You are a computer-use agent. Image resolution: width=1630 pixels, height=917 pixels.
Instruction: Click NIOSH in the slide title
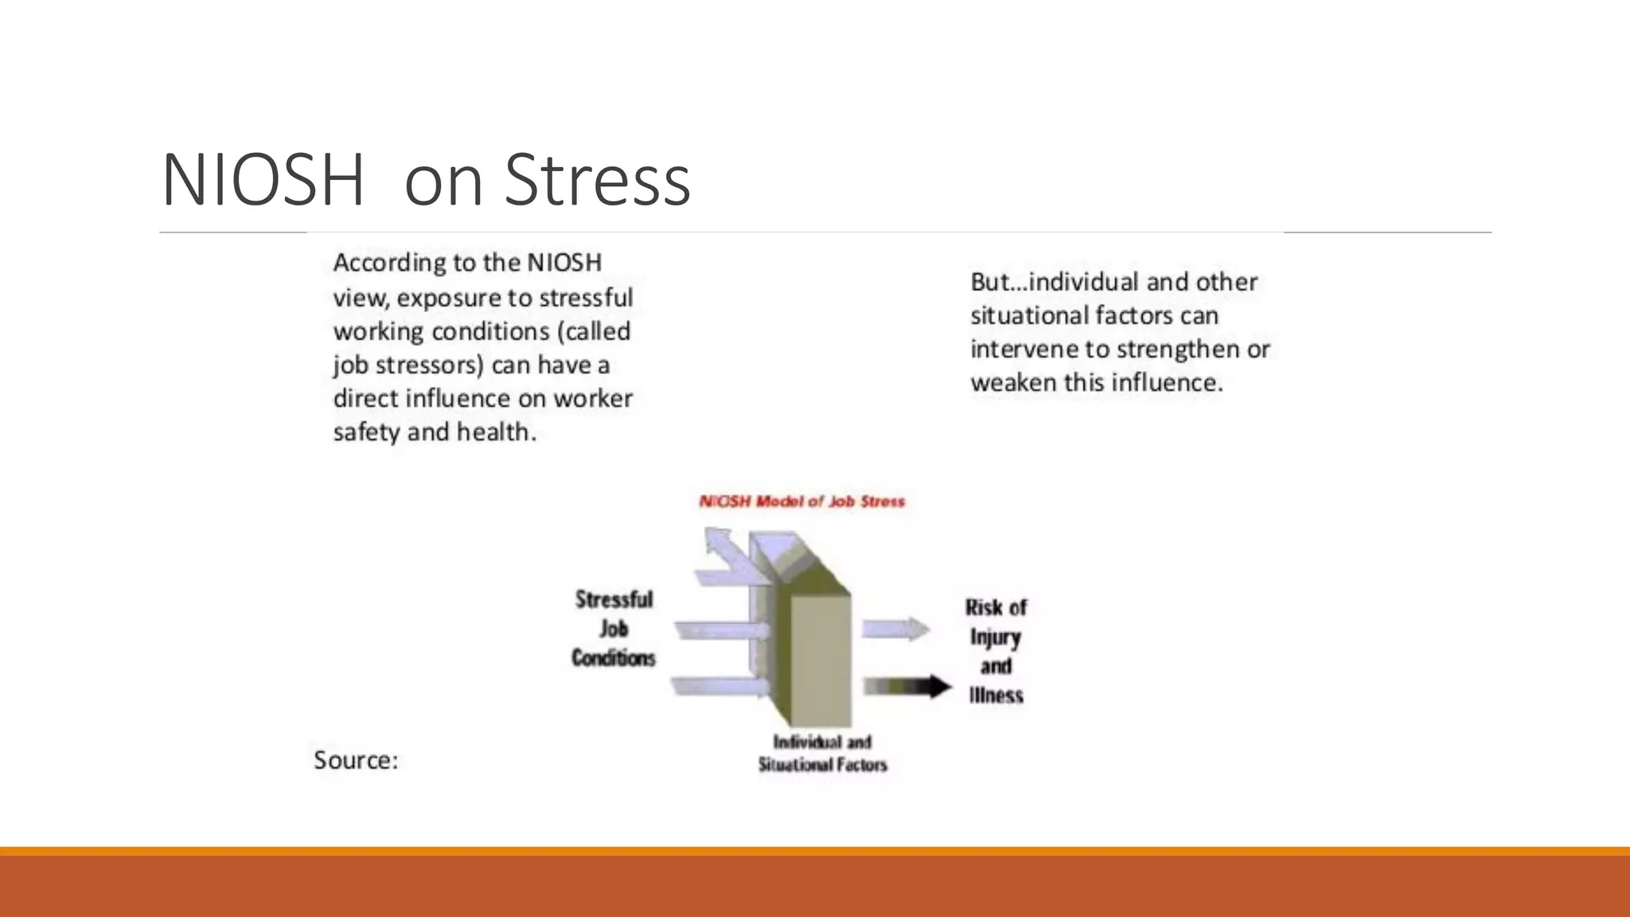coord(263,181)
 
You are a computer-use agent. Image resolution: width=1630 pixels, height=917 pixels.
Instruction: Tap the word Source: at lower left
coord(355,760)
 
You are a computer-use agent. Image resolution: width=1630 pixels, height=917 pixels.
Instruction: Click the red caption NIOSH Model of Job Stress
coord(801,501)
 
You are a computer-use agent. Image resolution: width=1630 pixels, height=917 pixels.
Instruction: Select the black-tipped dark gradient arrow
coord(907,686)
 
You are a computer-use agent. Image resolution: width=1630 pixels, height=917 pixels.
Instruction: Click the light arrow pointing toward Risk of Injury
coord(895,629)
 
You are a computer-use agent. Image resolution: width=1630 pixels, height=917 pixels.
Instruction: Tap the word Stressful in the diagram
coord(614,599)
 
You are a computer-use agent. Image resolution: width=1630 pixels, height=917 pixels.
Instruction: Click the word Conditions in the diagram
coord(613,658)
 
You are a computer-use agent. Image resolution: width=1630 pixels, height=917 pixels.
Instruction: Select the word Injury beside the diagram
coord(995,638)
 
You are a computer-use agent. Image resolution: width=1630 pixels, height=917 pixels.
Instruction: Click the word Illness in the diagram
coord(996,696)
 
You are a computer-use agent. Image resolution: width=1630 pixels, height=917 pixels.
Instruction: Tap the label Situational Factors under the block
coord(822,765)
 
